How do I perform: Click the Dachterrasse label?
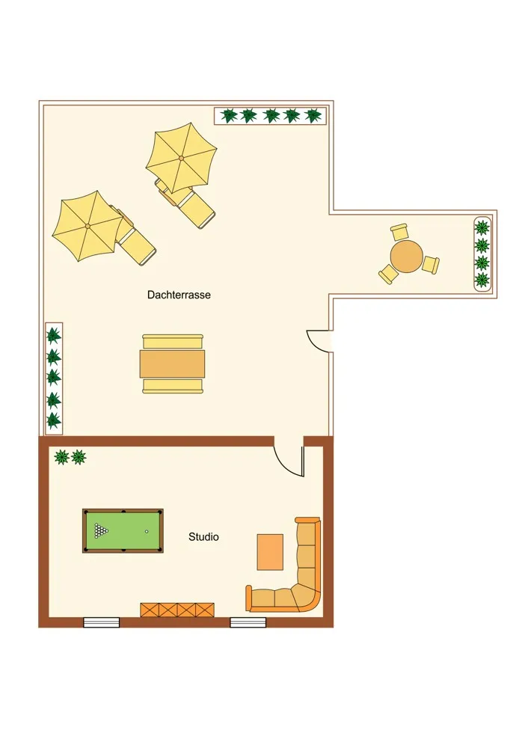pos(179,295)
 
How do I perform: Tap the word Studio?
pos(203,536)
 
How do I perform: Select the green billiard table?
pos(123,531)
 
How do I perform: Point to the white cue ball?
pos(147,531)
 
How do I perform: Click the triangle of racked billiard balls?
pos(101,530)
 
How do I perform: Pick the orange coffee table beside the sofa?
pos(270,552)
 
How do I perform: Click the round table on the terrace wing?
pos(406,256)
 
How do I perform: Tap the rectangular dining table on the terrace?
pos(172,364)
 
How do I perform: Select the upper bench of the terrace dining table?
pos(173,341)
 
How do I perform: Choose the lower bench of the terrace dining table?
pos(173,386)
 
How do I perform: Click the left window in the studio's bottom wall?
pos(101,622)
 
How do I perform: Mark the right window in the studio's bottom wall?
pos(248,622)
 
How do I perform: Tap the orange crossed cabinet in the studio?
pos(177,609)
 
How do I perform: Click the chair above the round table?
pos(399,232)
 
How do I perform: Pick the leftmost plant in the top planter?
pos(229,115)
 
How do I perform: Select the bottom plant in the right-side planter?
pos(482,279)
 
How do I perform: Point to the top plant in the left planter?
pos(53,335)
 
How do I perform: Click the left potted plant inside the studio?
pos(61,457)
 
